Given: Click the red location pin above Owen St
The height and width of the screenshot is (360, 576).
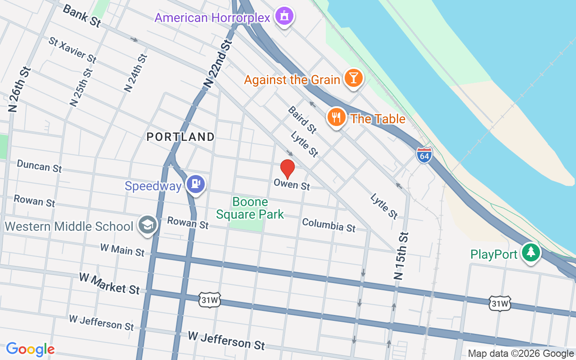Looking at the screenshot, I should tap(288, 169).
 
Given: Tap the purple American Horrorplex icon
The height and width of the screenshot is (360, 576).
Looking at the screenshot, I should tap(284, 17).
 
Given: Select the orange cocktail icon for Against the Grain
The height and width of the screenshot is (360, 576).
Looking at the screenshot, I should tap(353, 78).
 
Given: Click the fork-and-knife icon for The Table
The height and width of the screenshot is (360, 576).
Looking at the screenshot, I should tap(336, 117).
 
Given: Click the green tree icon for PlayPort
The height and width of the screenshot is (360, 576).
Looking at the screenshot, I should tap(531, 252).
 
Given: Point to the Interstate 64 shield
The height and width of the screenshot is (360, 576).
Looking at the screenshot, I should tap(424, 155).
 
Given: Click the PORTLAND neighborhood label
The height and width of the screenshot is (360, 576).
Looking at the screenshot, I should tap(180, 137).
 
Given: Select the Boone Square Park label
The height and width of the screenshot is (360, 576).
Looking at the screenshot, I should tap(250, 208).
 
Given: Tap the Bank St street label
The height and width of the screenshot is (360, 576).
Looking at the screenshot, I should tap(81, 16).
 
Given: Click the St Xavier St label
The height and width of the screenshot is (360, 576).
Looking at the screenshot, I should tap(72, 49).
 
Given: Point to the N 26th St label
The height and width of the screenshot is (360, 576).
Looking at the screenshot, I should tap(19, 89).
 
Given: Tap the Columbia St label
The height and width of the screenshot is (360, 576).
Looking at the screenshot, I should tap(328, 225).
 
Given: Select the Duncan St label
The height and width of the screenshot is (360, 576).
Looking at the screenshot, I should tap(39, 166).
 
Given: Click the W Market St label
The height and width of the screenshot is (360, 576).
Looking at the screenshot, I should tap(109, 283).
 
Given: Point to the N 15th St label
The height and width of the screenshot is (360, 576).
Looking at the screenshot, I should tap(401, 256).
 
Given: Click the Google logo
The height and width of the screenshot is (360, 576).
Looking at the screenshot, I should tap(30, 349).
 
